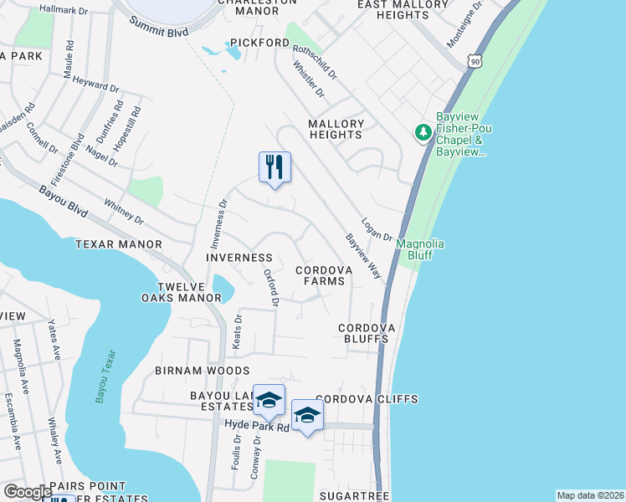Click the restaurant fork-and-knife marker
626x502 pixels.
pyautogui.click(x=275, y=167)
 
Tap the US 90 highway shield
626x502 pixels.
pyautogui.click(x=475, y=61)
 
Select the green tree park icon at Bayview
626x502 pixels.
pyautogui.click(x=423, y=132)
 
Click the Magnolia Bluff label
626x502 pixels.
pyautogui.click(x=420, y=248)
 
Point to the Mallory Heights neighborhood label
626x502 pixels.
pyautogui.click(x=336, y=129)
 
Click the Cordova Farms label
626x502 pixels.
pyautogui.click(x=321, y=275)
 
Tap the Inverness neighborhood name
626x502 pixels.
pyautogui.click(x=239, y=258)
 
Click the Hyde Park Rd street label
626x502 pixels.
pyautogui.click(x=257, y=427)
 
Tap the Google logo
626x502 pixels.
pyautogui.click(x=27, y=492)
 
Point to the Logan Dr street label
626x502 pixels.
pyautogui.click(x=377, y=229)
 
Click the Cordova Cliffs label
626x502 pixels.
pyautogui.click(x=367, y=399)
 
